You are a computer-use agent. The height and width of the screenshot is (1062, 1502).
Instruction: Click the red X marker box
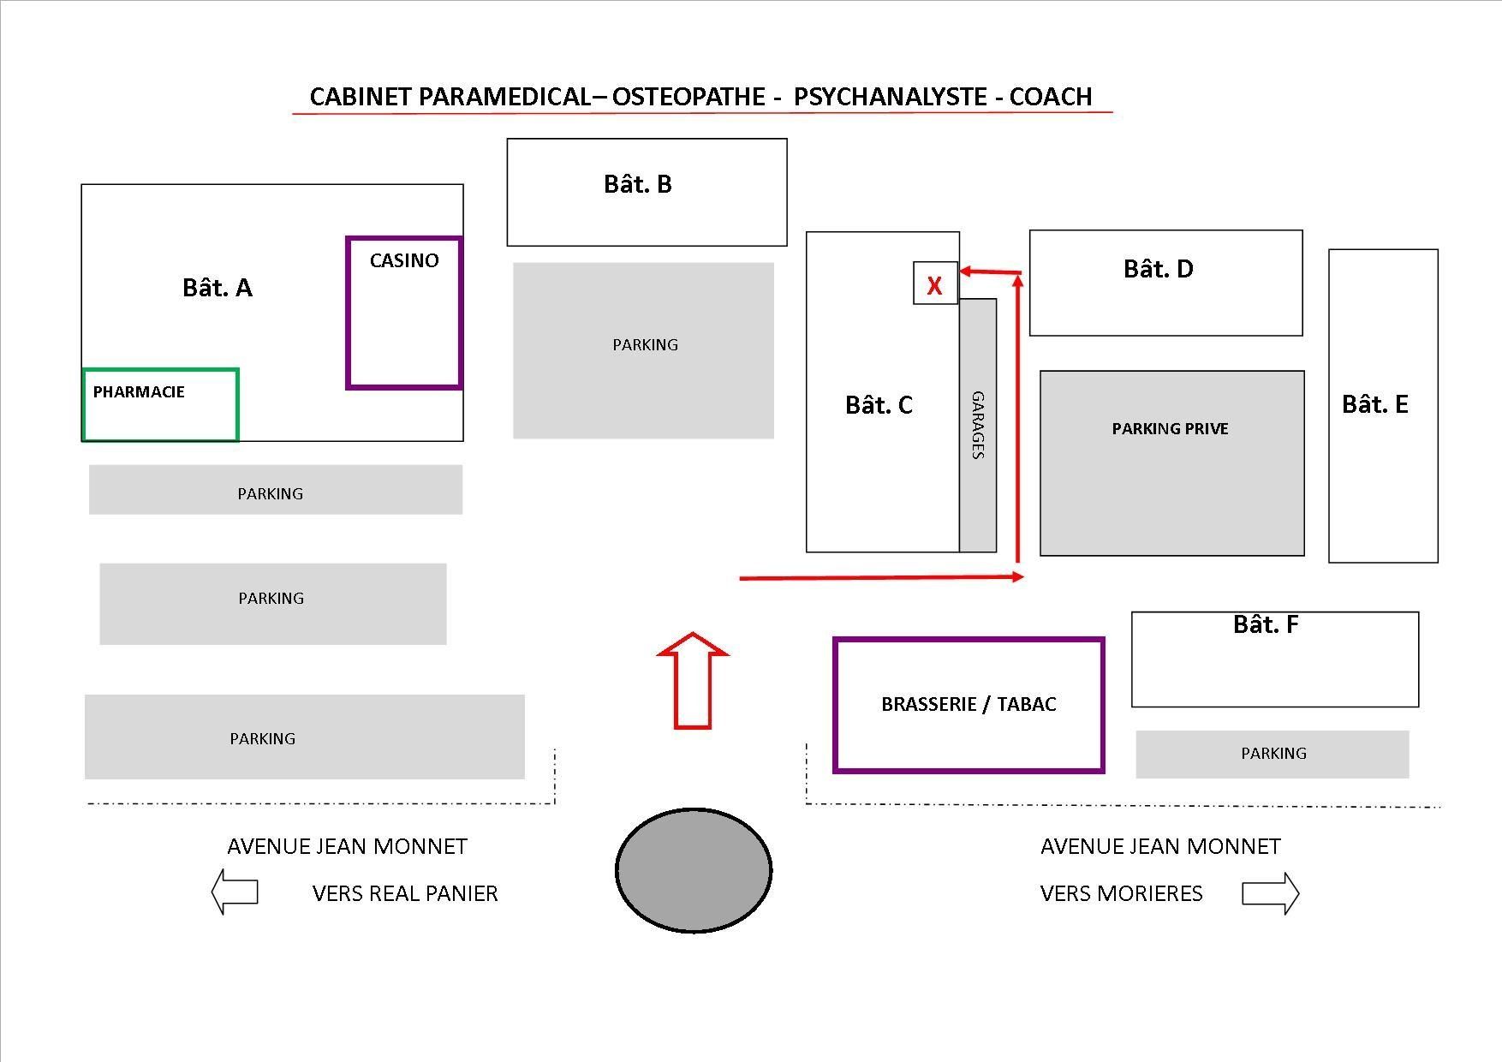coord(935,283)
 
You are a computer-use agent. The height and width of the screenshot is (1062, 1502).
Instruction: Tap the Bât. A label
coord(218,288)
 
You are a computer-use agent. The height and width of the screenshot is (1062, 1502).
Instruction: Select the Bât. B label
coord(638,184)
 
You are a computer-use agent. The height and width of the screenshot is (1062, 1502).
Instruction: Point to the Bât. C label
coord(879,405)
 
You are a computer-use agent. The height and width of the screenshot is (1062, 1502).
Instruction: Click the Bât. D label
coord(1158,269)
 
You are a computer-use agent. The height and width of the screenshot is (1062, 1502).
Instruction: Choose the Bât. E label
coord(1374,404)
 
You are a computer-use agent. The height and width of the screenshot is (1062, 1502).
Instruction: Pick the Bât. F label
coord(1266,624)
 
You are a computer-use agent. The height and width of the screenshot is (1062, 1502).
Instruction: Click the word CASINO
coord(404,260)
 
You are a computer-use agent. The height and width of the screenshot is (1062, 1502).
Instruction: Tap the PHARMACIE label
coord(139,391)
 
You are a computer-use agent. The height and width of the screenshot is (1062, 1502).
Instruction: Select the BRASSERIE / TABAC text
coord(969,704)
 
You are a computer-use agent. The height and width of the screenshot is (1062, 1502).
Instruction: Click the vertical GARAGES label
coord(978,425)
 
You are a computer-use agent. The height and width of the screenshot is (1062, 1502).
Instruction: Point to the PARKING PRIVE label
coord(1170,428)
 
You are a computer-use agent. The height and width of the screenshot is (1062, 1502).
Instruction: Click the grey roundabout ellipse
coord(694,870)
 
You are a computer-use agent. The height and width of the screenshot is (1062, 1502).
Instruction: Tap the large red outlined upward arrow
coord(693,681)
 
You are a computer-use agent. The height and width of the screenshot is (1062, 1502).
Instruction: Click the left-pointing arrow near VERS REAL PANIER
coord(235,892)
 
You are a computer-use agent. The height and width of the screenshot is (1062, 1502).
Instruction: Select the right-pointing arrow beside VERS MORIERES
coord(1271,893)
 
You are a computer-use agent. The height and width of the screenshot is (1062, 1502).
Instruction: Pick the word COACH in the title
coord(1051,97)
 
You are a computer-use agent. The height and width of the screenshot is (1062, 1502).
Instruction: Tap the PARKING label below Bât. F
coord(1273,754)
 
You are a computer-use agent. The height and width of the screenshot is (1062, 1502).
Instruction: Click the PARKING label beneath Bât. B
coord(645,345)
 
